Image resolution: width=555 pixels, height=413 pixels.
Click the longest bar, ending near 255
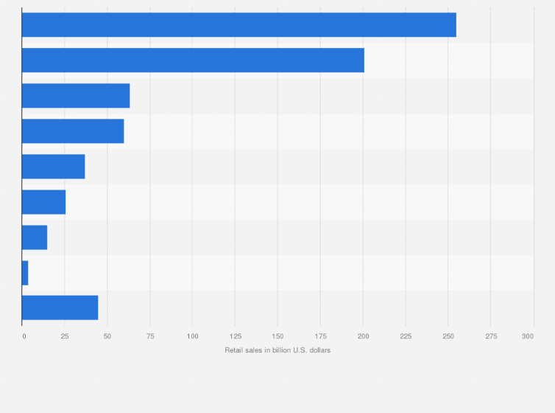tap(238, 25)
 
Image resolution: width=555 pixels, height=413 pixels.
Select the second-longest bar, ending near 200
tap(193, 60)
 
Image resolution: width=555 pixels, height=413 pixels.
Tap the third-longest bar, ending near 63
tap(76, 96)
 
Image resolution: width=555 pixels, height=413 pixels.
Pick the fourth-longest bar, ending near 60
tap(73, 131)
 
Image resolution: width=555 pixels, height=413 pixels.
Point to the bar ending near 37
tap(53, 167)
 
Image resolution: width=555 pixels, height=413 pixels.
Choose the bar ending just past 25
tap(43, 202)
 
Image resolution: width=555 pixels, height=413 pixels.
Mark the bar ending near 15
tap(35, 237)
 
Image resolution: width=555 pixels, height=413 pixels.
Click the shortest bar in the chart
tap(25, 273)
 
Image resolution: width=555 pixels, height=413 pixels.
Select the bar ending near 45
tap(60, 308)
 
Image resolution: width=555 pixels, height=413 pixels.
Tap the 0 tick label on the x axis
tap(24, 336)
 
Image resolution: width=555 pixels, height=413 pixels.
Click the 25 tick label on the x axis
tap(65, 336)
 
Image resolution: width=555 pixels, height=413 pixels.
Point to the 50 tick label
tap(107, 336)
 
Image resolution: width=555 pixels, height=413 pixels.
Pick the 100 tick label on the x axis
tap(192, 336)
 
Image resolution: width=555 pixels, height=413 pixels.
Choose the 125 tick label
tap(235, 336)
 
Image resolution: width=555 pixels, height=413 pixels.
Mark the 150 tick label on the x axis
tap(277, 336)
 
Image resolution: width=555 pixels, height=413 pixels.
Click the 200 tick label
tap(363, 336)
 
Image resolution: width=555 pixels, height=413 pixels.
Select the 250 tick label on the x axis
tap(448, 336)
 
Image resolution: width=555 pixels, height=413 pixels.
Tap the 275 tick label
tap(490, 336)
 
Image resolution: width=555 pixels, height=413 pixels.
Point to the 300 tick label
tap(528, 336)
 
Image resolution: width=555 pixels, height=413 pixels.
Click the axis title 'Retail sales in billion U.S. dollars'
tap(277, 350)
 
